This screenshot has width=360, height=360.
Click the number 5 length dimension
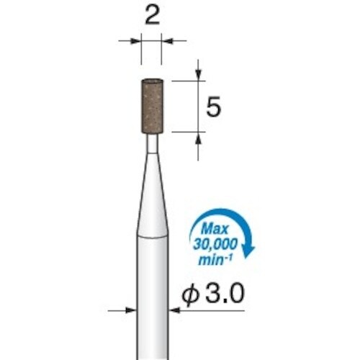click(x=213, y=108)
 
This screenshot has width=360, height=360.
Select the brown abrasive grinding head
click(x=152, y=107)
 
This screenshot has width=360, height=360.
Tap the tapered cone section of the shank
click(x=152, y=194)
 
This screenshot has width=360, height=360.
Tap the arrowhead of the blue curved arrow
click(x=250, y=251)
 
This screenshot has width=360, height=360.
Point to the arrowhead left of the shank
click(x=131, y=311)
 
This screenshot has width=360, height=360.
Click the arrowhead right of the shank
click(x=174, y=311)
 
